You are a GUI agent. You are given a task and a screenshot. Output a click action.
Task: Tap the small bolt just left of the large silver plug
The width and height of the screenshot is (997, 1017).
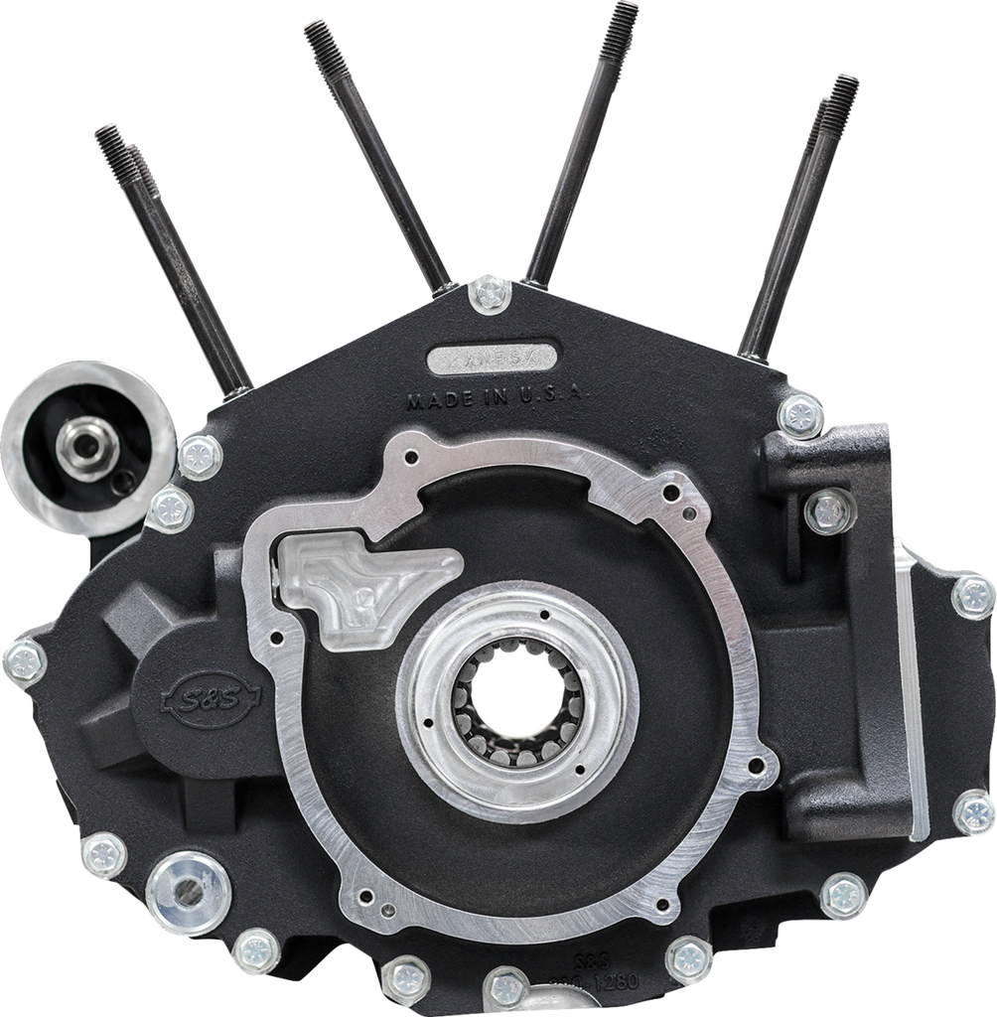[102, 853]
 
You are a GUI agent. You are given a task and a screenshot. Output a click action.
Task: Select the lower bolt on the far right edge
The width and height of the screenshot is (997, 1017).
[973, 811]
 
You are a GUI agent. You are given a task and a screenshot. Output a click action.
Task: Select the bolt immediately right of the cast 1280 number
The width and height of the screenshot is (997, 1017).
[689, 958]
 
